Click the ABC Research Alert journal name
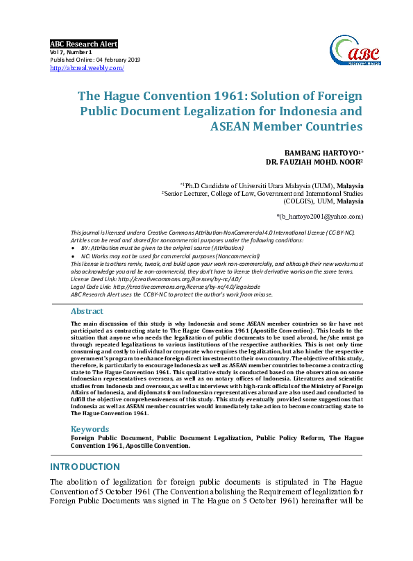click(84, 44)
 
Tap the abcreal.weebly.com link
click(87, 68)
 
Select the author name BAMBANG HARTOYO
click(319, 151)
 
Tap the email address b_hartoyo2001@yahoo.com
click(320, 216)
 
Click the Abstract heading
click(87, 312)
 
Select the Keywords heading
click(90, 429)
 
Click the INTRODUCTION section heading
click(86, 467)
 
